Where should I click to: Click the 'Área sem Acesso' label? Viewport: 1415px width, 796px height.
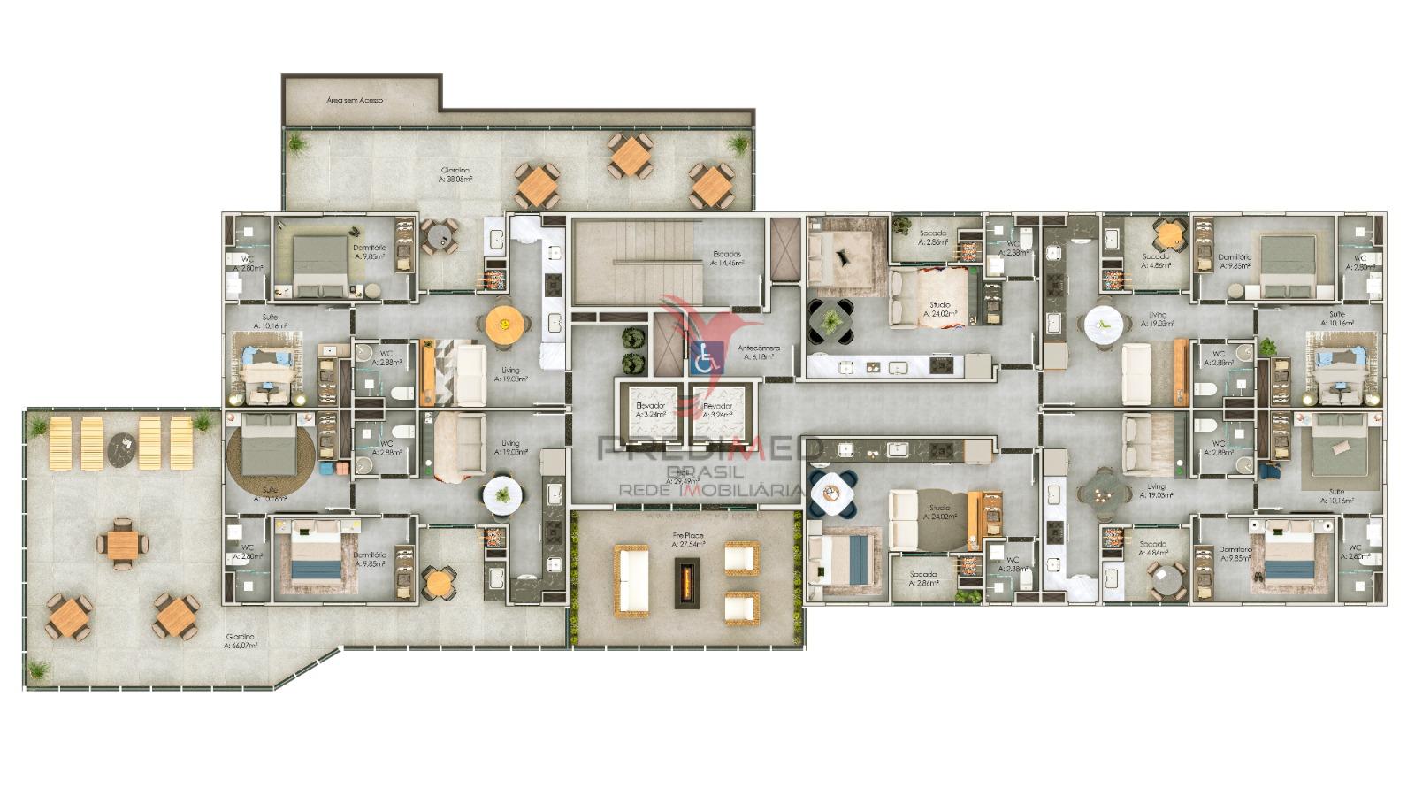click(355, 101)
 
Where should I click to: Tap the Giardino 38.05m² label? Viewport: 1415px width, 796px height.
click(455, 174)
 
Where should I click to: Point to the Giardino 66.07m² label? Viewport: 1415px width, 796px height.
click(241, 641)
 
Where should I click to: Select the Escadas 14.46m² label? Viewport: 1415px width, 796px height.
click(727, 258)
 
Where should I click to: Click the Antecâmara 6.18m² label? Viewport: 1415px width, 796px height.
click(759, 352)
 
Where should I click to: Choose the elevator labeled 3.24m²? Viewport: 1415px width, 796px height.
click(650, 409)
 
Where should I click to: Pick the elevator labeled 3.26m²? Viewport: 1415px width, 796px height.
click(715, 409)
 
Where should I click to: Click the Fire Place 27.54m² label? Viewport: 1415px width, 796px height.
click(687, 540)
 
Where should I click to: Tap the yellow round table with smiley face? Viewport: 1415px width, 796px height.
click(503, 325)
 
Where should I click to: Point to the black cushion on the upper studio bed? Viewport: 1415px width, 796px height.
click(844, 256)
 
